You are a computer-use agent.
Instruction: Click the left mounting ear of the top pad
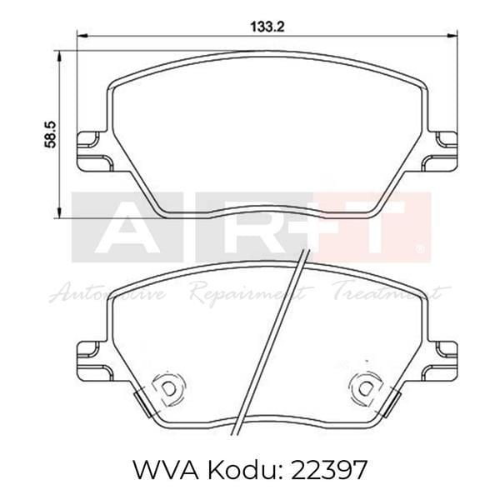point(90,150)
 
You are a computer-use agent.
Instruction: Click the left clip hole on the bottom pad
point(167,387)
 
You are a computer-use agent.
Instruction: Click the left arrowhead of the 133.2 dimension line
point(81,35)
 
